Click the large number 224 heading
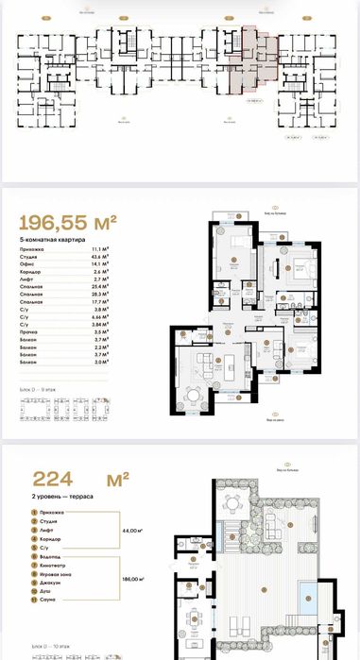[x=58, y=477]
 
